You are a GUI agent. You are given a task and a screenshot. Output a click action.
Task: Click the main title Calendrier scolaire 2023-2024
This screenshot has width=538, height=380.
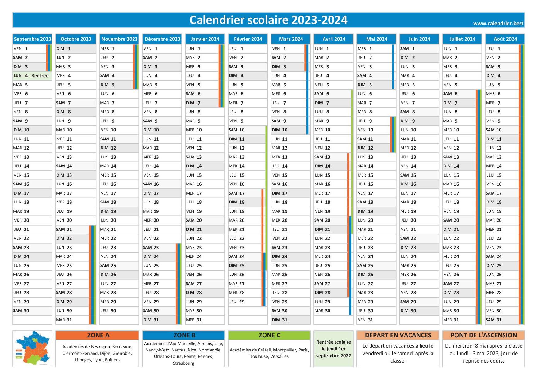(268, 20)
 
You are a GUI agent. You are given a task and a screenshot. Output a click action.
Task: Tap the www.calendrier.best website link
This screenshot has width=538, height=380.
(498, 23)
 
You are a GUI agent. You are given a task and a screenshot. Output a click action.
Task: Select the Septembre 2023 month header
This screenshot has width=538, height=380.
(33, 39)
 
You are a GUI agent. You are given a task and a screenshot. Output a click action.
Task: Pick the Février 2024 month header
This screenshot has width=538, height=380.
(248, 39)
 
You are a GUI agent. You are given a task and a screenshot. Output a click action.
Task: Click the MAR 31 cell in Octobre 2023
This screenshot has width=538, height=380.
(72, 320)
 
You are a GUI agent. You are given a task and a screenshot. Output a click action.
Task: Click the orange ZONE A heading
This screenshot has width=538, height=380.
(97, 335)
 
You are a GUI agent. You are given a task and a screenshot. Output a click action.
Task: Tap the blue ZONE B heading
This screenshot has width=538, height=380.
(183, 335)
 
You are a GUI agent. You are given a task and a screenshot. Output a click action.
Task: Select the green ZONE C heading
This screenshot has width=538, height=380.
(269, 335)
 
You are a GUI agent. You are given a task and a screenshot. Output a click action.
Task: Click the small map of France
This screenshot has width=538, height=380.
(32, 348)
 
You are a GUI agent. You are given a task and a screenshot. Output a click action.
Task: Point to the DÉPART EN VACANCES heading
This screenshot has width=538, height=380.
(398, 335)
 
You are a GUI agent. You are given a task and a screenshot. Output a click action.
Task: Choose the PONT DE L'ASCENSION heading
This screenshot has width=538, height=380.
(483, 335)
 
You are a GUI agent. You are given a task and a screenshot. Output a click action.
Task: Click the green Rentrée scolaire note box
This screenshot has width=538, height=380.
(333, 349)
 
